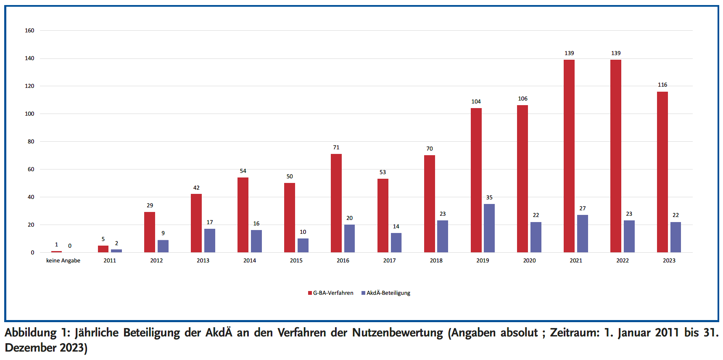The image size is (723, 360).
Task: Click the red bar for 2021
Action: (569, 156)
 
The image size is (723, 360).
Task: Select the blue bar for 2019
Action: (489, 228)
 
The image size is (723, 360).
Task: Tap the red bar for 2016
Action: (336, 203)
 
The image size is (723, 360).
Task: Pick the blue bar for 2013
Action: (210, 241)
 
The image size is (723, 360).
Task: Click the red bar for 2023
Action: (662, 172)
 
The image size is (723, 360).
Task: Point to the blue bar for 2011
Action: (116, 251)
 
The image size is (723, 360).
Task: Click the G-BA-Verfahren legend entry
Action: (331, 293)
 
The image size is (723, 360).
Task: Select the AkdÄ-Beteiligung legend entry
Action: (386, 293)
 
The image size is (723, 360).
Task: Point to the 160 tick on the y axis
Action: (29, 30)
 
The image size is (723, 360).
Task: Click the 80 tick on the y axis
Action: (31, 141)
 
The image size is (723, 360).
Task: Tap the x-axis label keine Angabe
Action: (63, 260)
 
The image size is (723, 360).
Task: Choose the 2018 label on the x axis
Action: (436, 260)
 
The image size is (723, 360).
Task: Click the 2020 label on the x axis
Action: (529, 260)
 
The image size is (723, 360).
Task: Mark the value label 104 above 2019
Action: (476, 101)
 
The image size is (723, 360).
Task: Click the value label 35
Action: (489, 197)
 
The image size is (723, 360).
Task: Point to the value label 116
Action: (662, 85)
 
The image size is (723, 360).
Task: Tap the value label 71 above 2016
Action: (336, 147)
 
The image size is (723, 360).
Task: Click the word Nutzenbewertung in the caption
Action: (397, 333)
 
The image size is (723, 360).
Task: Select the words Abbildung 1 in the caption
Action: (37, 333)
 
